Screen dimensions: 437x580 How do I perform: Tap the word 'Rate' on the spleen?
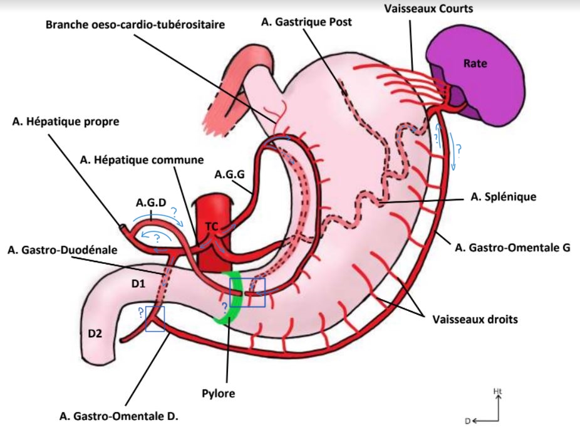coord(475,63)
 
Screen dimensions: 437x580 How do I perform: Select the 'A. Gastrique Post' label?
coord(306,21)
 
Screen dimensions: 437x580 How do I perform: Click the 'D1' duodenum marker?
coord(139,284)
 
